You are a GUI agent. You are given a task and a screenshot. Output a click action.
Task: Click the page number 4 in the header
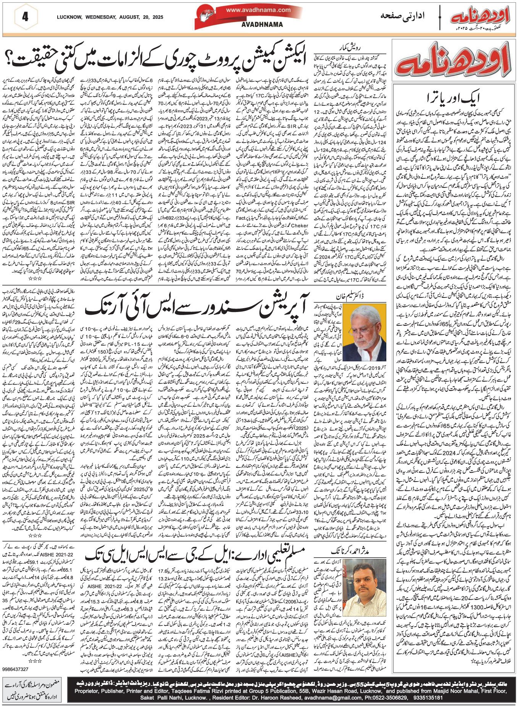tap(25, 17)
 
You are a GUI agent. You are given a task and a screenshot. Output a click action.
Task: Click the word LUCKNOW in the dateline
tap(69, 17)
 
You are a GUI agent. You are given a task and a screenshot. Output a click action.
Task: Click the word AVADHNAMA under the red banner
tap(262, 24)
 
